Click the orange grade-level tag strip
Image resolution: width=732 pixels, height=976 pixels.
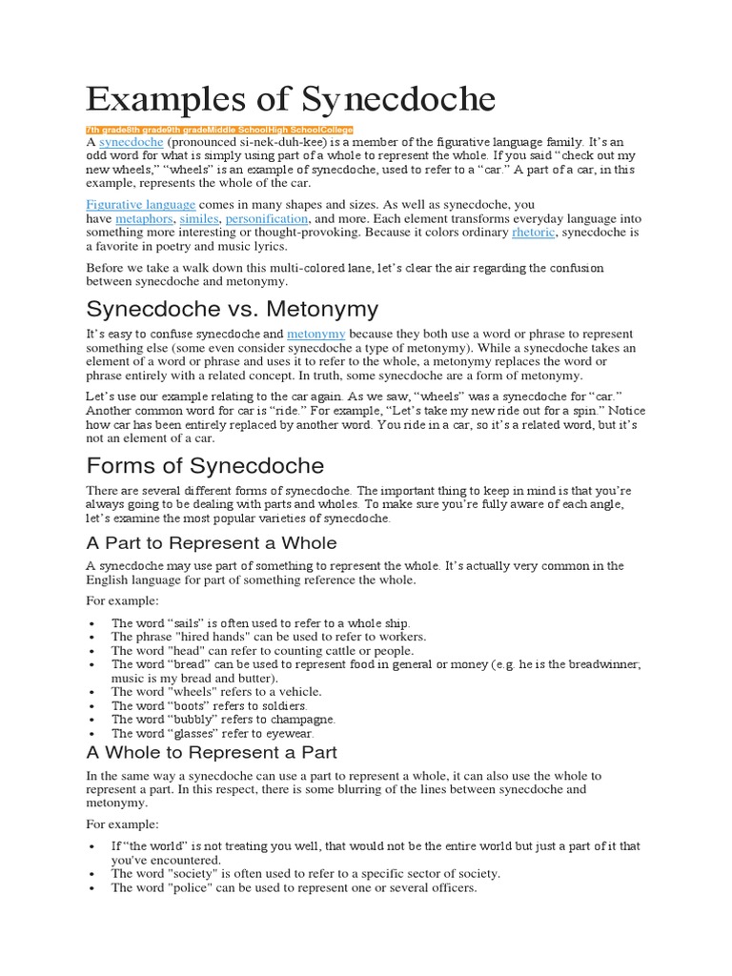click(x=219, y=130)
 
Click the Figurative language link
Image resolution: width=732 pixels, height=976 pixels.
click(x=141, y=204)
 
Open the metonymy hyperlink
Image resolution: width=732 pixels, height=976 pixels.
click(x=316, y=335)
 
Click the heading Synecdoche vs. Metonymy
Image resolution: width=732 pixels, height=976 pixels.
click(x=233, y=309)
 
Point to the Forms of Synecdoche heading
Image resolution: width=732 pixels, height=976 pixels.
click(x=205, y=465)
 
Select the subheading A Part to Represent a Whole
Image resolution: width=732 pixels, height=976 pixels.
click(x=211, y=542)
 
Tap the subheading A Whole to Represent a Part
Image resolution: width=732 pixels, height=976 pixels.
click(x=211, y=752)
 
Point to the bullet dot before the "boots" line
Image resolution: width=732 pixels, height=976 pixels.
click(x=90, y=706)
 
